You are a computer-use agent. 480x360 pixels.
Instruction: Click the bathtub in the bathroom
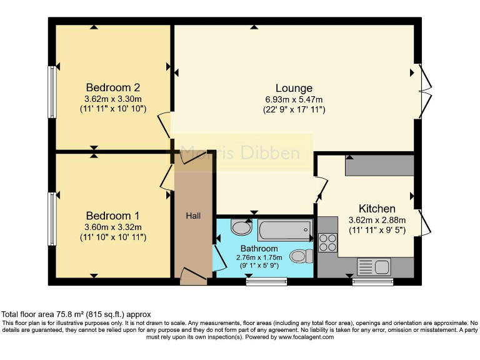click(x=284, y=230)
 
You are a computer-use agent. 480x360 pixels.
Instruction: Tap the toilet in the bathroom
click(x=302, y=256)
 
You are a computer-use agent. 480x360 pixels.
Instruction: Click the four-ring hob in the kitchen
click(x=327, y=242)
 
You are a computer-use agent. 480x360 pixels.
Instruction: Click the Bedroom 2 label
click(x=112, y=87)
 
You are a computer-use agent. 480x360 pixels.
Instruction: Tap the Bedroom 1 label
click(x=112, y=216)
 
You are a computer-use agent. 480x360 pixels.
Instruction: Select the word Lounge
click(x=294, y=87)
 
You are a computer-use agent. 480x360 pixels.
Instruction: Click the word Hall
click(x=193, y=216)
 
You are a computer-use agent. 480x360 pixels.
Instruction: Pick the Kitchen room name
click(x=377, y=209)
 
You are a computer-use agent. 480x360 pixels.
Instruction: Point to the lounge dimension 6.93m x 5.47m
click(x=294, y=99)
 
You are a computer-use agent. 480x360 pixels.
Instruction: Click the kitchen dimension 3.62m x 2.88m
click(x=377, y=220)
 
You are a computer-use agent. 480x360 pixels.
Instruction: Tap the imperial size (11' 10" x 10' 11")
click(x=112, y=237)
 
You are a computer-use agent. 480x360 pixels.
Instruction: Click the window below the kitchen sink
click(x=373, y=282)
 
